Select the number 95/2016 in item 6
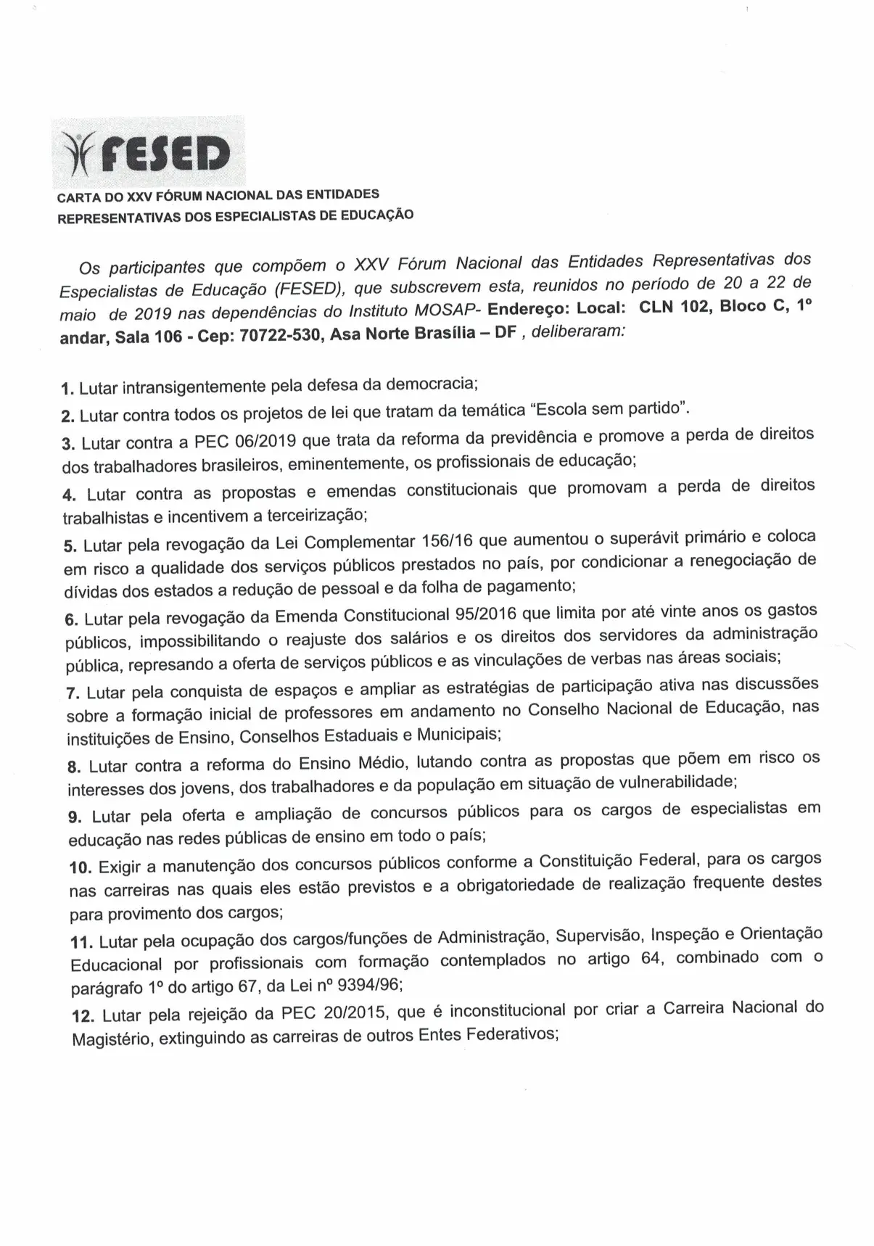pos(482,615)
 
